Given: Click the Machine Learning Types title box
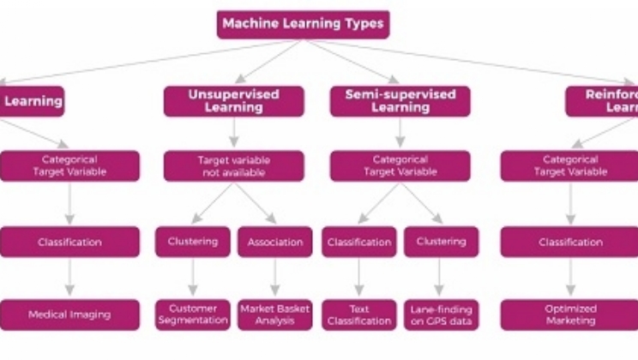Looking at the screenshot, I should pos(303,24).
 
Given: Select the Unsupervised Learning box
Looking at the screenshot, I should pos(233,101).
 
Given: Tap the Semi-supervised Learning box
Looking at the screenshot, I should pos(400,101).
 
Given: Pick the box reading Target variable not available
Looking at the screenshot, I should pos(233,165).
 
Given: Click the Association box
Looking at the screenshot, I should pos(274,242).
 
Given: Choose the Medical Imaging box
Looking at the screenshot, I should pos(69,314).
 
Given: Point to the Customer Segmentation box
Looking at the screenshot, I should pos(192,314).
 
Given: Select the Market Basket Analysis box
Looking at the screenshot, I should pos(274,314).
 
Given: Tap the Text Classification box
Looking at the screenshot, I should pos(358,314).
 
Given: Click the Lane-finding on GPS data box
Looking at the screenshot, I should pos(441,314).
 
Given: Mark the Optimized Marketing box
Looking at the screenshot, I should pos(570,314).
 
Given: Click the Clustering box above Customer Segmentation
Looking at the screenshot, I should pos(192,242).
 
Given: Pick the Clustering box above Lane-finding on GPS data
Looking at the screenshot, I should pos(441,242).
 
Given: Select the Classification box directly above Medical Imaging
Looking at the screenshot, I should pos(69,242).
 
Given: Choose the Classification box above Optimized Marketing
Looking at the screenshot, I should pos(570,242).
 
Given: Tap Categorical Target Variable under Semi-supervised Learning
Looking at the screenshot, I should pos(400,165).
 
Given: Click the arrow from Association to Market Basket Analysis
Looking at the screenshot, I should pos(274,278).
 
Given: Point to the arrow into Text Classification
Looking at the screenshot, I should pos(358,278).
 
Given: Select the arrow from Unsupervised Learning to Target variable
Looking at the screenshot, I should pos(233,134).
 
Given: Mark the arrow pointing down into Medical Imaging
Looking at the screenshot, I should pos(69,278).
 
